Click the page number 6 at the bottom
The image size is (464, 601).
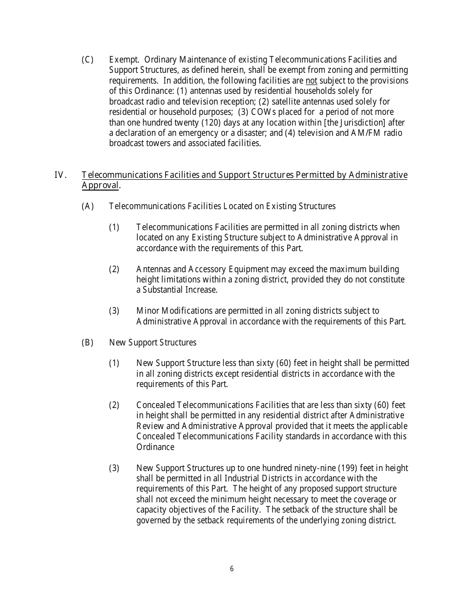pos(232,569)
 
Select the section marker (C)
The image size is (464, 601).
pos(87,60)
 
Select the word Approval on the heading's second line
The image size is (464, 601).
pos(100,185)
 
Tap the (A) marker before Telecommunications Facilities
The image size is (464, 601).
pos(87,206)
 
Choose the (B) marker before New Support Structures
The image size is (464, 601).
pos(87,343)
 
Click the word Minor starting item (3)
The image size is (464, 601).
pos(148,311)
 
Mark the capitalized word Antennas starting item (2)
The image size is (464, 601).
pos(154,269)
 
